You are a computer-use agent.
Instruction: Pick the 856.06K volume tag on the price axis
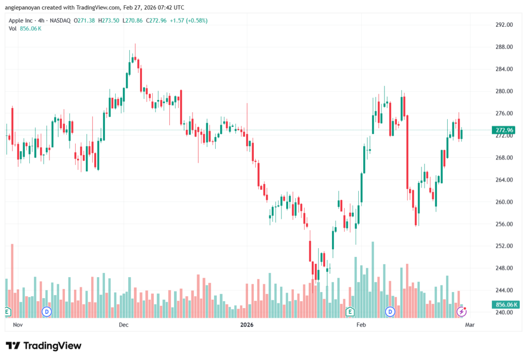(x=504, y=305)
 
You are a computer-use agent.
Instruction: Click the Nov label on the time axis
(x=18, y=325)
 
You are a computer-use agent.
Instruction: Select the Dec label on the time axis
(x=124, y=325)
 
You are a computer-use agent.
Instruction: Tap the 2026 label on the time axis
(x=247, y=325)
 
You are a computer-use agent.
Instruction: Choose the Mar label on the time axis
(x=469, y=325)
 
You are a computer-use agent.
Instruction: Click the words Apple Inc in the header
(x=21, y=21)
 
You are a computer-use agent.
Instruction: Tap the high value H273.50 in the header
(x=110, y=21)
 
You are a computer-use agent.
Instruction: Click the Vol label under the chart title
(x=13, y=28)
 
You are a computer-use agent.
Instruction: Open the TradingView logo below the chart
(x=43, y=346)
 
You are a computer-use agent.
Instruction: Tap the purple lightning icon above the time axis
(x=462, y=312)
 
